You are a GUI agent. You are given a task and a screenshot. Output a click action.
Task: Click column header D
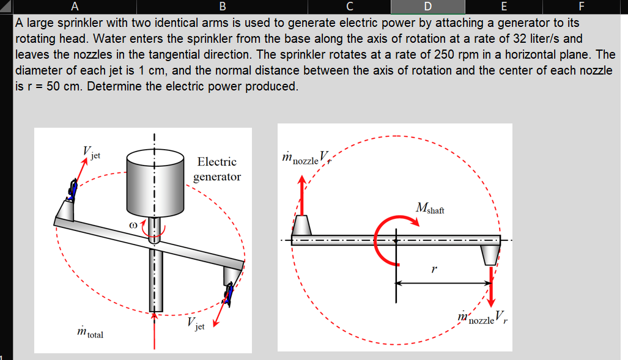[427, 7]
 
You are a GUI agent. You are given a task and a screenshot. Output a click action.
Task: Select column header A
[74, 7]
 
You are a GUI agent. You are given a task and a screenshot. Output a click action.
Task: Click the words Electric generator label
[217, 169]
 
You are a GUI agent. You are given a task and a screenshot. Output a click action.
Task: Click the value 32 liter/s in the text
[530, 39]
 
